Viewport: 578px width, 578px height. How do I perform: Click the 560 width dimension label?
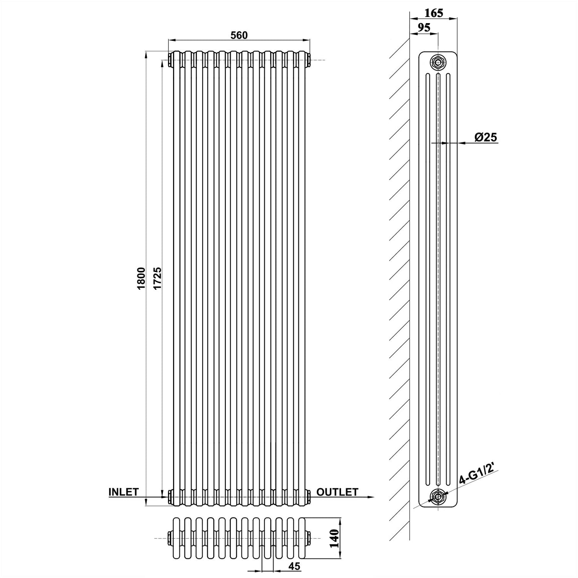pos(239,35)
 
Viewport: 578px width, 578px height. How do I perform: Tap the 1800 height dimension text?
pos(141,278)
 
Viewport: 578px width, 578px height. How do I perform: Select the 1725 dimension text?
pos(157,278)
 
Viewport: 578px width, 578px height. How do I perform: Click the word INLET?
pos(123,492)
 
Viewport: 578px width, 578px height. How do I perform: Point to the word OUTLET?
pos(338,492)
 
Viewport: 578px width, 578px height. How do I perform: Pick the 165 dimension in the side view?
pos(434,13)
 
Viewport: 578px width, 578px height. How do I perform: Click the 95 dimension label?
pos(424,28)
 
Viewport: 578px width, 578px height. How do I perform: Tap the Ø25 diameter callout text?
pos(486,137)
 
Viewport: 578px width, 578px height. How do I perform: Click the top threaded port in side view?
pos(438,62)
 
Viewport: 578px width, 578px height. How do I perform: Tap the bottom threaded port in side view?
pos(438,497)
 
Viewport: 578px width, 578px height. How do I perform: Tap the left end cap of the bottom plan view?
pos(170,538)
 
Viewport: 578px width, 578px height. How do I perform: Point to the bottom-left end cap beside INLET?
pos(170,497)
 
